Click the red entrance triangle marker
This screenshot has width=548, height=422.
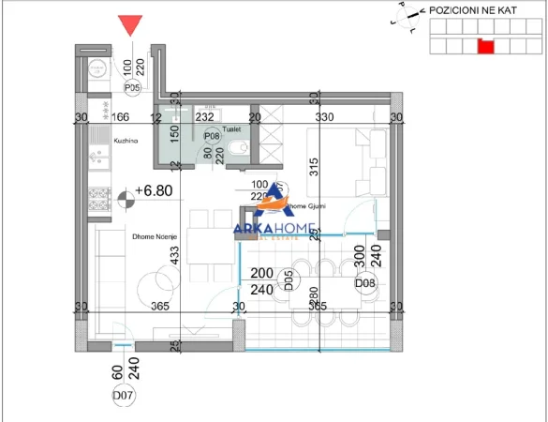pos(130,26)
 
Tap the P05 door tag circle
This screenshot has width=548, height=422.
pos(132,88)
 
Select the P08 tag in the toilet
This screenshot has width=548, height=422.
pos(211,135)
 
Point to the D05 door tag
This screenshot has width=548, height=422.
pos(290,278)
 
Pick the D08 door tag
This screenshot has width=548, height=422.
pos(364,282)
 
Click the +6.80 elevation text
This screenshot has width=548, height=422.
pos(155,190)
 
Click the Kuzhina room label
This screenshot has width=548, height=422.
pos(100,140)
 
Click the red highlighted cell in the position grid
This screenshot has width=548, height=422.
pos(485,45)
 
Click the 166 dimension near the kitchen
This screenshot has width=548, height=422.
pos(118,117)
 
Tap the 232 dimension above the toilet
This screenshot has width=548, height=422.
pos(204,117)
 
